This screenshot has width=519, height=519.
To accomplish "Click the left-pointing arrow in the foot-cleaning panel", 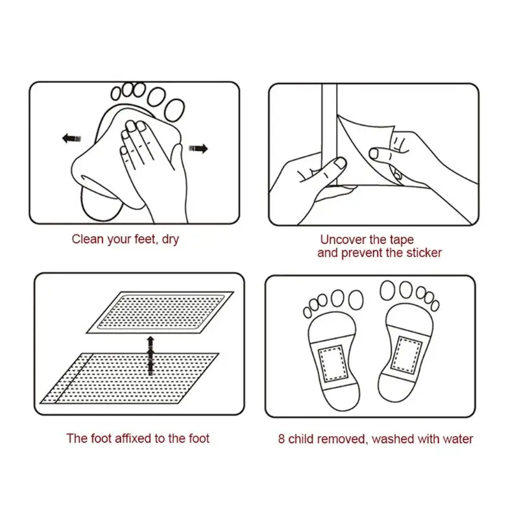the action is tap(71, 138).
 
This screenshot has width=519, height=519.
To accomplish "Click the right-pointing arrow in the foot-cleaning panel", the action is tap(199, 149).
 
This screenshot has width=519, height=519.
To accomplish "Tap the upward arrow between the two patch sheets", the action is tap(151, 356).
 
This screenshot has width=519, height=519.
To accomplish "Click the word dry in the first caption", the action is tap(171, 239).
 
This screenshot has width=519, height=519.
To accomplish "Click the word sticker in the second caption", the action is tap(424, 253).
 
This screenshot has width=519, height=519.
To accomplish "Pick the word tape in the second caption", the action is tap(402, 239).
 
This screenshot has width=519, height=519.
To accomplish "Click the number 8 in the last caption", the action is tap(282, 439).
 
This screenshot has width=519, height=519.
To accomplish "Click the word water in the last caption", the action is tap(458, 439).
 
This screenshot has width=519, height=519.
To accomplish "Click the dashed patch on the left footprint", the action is tap(332, 363).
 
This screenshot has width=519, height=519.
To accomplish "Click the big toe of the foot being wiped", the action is tap(175, 110).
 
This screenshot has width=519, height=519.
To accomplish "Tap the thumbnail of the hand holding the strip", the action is tap(340, 163).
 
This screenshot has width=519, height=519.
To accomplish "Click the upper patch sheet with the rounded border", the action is tap(160, 313).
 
